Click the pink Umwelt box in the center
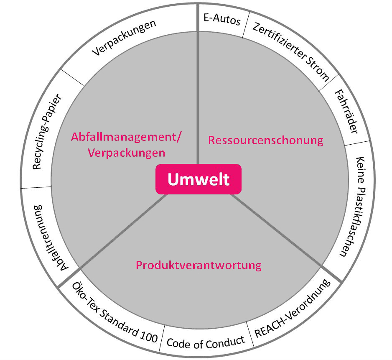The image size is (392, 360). pyautogui.click(x=199, y=179)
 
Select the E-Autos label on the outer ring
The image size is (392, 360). pyautogui.click(x=222, y=19)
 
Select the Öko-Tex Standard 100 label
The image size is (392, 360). pyautogui.click(x=115, y=313)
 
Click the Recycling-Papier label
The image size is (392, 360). pyautogui.click(x=47, y=132)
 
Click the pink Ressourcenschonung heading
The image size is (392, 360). pyautogui.click(x=266, y=140)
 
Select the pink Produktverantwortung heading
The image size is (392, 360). pyautogui.click(x=199, y=265)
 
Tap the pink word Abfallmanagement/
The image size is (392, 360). pyautogui.click(x=127, y=137)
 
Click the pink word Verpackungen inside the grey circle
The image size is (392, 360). pyautogui.click(x=127, y=153)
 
